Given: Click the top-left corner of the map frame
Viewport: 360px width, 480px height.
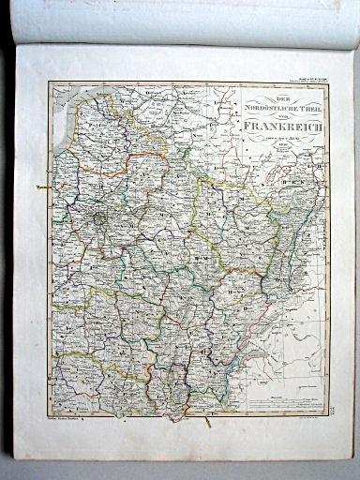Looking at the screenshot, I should pos(49,82).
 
